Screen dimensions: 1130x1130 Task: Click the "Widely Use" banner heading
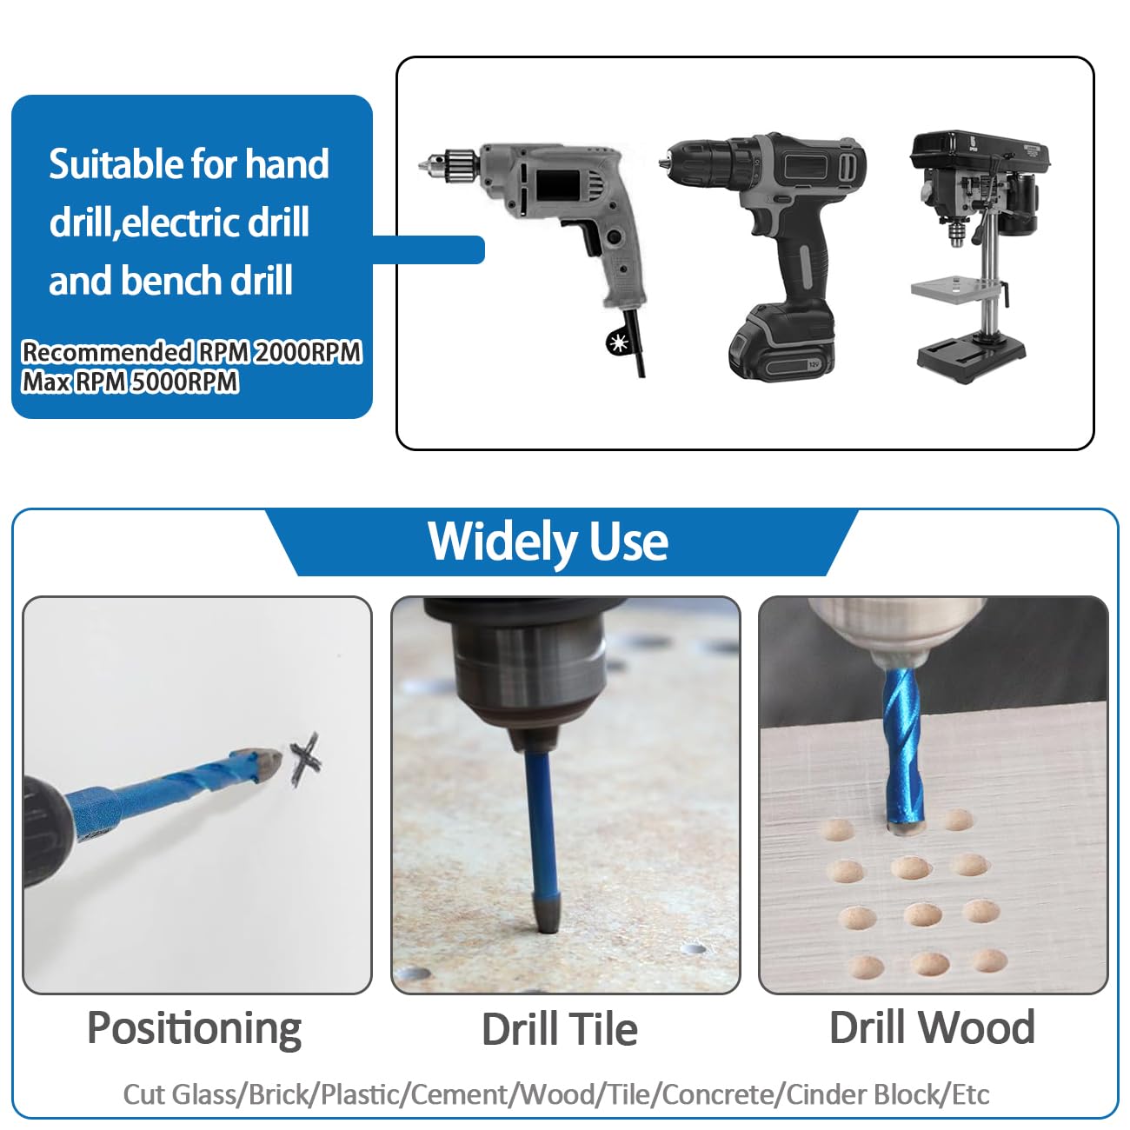pyautogui.click(x=548, y=542)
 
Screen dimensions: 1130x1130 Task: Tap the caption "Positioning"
pyautogui.click(x=194, y=1028)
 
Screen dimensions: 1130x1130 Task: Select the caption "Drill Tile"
pyautogui.click(x=559, y=1028)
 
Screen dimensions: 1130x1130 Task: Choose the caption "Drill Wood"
pyautogui.click(x=932, y=1027)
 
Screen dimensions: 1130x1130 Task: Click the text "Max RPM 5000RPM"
pyautogui.click(x=130, y=382)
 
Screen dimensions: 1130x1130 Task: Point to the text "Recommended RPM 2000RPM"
pyautogui.click(x=191, y=352)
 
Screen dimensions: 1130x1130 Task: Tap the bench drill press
pyautogui.click(x=974, y=252)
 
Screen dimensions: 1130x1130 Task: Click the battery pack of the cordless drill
pyautogui.click(x=782, y=343)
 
